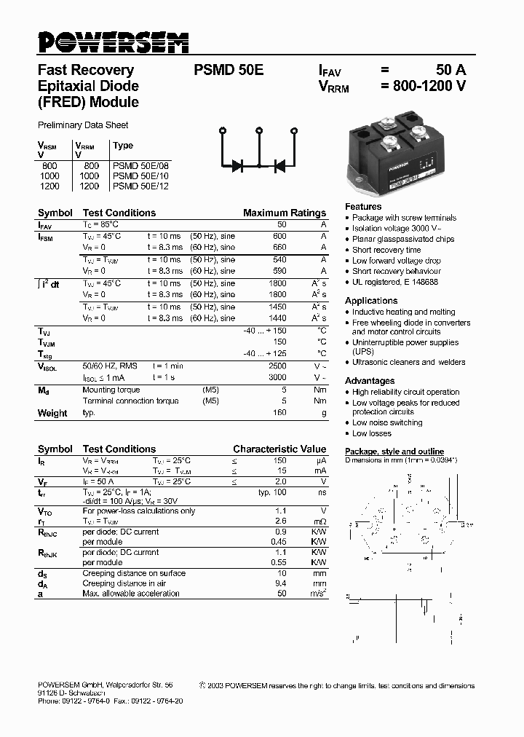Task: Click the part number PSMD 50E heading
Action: coord(229,71)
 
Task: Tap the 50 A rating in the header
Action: coord(450,71)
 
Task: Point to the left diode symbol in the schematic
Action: coord(237,165)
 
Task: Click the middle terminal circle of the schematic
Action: coord(258,131)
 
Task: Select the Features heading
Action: coord(363,207)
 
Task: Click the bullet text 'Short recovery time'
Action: coord(386,250)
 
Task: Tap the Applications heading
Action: coord(371,301)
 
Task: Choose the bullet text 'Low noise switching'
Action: coord(387,422)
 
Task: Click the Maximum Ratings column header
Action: coord(285,213)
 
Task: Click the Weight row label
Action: coord(52,413)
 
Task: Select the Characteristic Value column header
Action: coord(279,449)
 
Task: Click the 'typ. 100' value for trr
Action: coord(272,492)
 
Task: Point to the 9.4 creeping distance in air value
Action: coord(281,583)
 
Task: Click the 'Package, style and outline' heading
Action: coord(394,452)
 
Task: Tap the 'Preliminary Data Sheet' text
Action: coord(83,125)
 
